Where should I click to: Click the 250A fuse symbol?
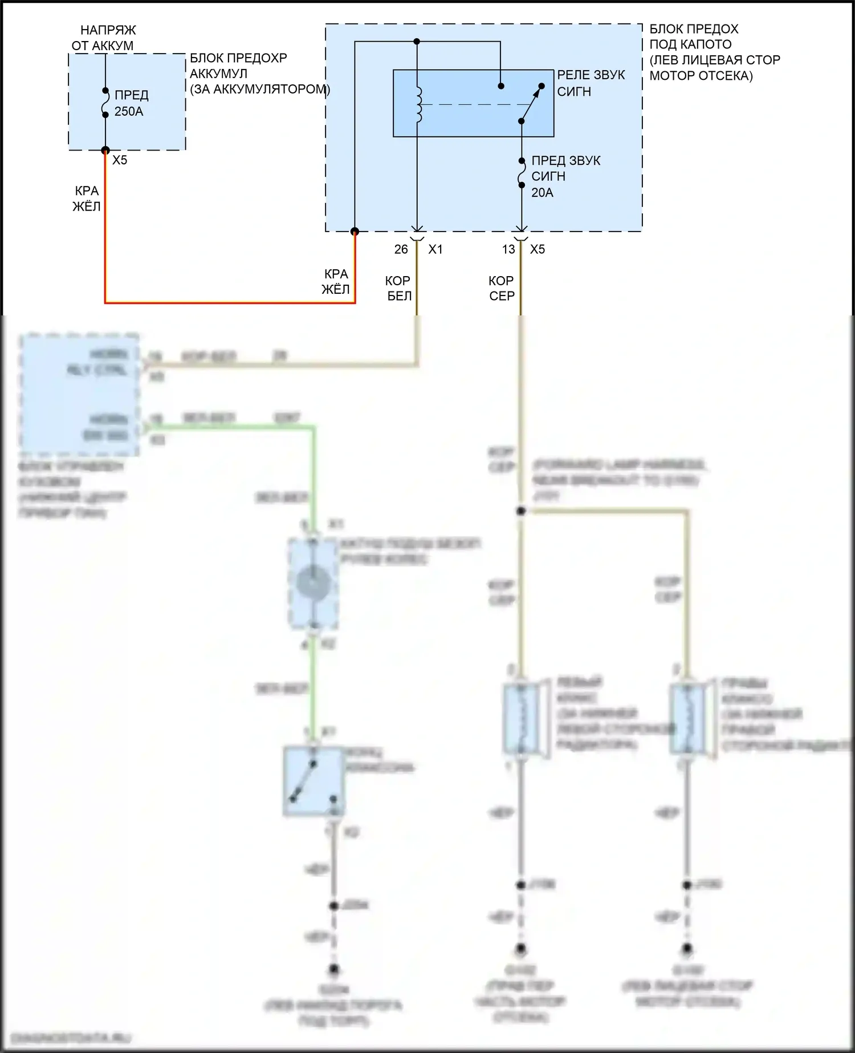coord(105,103)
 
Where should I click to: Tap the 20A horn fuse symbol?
coord(521,172)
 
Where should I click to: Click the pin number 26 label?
coord(401,249)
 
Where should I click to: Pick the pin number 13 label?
coord(508,249)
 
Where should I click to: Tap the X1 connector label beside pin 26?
coord(435,249)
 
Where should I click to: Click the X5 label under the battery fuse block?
coord(120,160)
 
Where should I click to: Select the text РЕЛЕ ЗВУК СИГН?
coord(591,83)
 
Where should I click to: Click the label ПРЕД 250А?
coord(132,103)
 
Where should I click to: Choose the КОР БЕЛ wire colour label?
coord(398,288)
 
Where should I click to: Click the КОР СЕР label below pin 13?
coord(502,288)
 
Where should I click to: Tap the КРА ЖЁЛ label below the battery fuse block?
coord(87,199)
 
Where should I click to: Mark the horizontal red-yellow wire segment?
coord(228,302)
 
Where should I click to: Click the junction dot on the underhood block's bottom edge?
coord(355,231)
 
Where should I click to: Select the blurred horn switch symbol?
coord(313,781)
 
